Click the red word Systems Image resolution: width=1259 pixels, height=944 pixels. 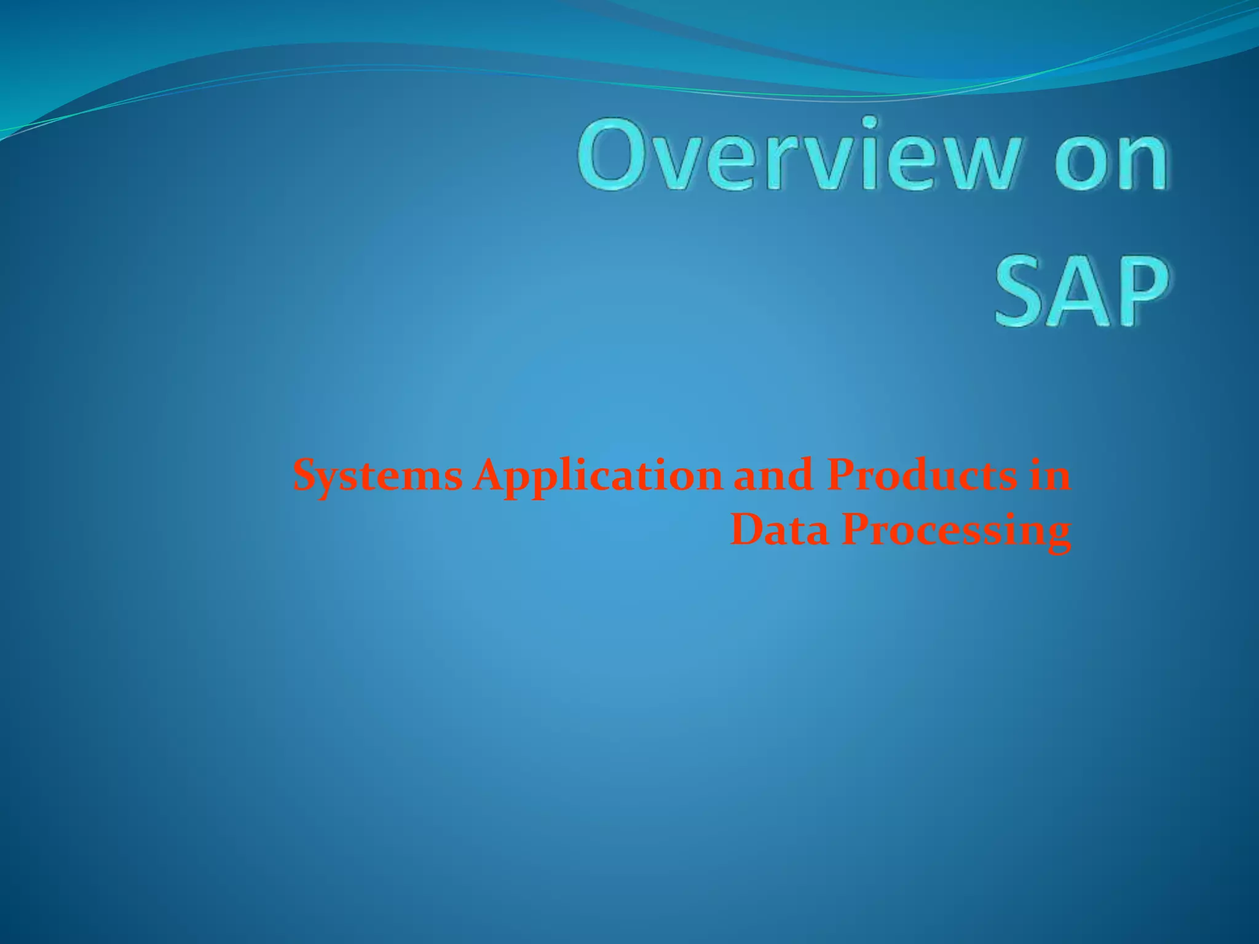377,476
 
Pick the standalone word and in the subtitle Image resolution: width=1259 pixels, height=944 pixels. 773,476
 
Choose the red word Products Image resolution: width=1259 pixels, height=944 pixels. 921,476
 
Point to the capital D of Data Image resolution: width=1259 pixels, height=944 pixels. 746,529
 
